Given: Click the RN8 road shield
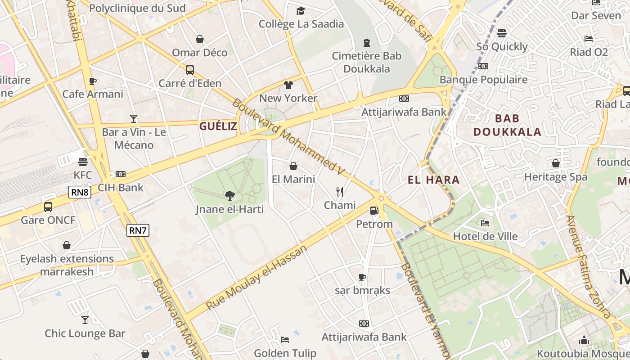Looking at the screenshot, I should tap(80, 193).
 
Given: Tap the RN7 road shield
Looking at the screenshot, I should tap(138, 230).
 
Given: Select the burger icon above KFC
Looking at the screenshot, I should tap(82, 162).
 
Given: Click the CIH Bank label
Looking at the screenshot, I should tap(120, 188).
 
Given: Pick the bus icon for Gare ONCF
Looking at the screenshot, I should tap(48, 207).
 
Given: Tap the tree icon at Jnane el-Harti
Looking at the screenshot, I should tap(230, 195).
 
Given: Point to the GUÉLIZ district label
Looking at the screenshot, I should tap(218, 126).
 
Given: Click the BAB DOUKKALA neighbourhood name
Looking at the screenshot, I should tap(507, 125).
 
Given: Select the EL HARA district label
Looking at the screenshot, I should tap(433, 180).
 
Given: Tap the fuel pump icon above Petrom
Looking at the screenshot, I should tap(374, 210).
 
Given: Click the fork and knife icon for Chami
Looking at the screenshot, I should tap(340, 192).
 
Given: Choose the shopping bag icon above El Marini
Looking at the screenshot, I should tap(293, 166).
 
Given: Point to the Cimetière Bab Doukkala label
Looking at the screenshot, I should tap(367, 63).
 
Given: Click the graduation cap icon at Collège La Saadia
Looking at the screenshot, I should tap(301, 11).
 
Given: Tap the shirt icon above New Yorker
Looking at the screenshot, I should tap(288, 85).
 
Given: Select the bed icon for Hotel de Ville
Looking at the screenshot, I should tap(485, 223).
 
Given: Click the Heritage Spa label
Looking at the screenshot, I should tap(556, 177).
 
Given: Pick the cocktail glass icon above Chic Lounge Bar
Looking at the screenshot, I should tap(85, 320).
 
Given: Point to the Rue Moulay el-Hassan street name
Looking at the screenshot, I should tap(256, 277).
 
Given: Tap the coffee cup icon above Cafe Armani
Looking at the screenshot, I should tap(93, 81).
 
